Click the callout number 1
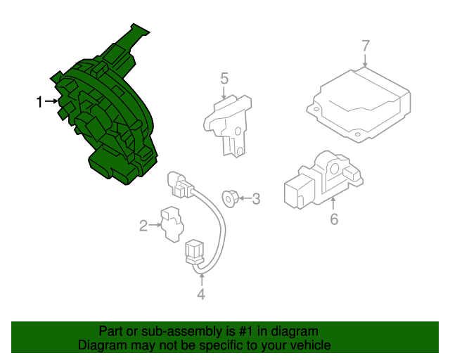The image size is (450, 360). point(39,103)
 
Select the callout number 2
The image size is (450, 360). point(143,226)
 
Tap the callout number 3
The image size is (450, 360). point(256,199)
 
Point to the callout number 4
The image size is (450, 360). point(201,295)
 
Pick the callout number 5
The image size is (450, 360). point(224,79)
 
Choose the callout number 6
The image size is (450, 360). point(334,219)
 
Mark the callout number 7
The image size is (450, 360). point(366,46)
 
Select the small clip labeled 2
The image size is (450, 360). point(170,224)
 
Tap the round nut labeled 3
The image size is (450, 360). point(229,198)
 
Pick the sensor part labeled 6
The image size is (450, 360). point(321,181)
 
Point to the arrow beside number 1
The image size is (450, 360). point(52,103)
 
